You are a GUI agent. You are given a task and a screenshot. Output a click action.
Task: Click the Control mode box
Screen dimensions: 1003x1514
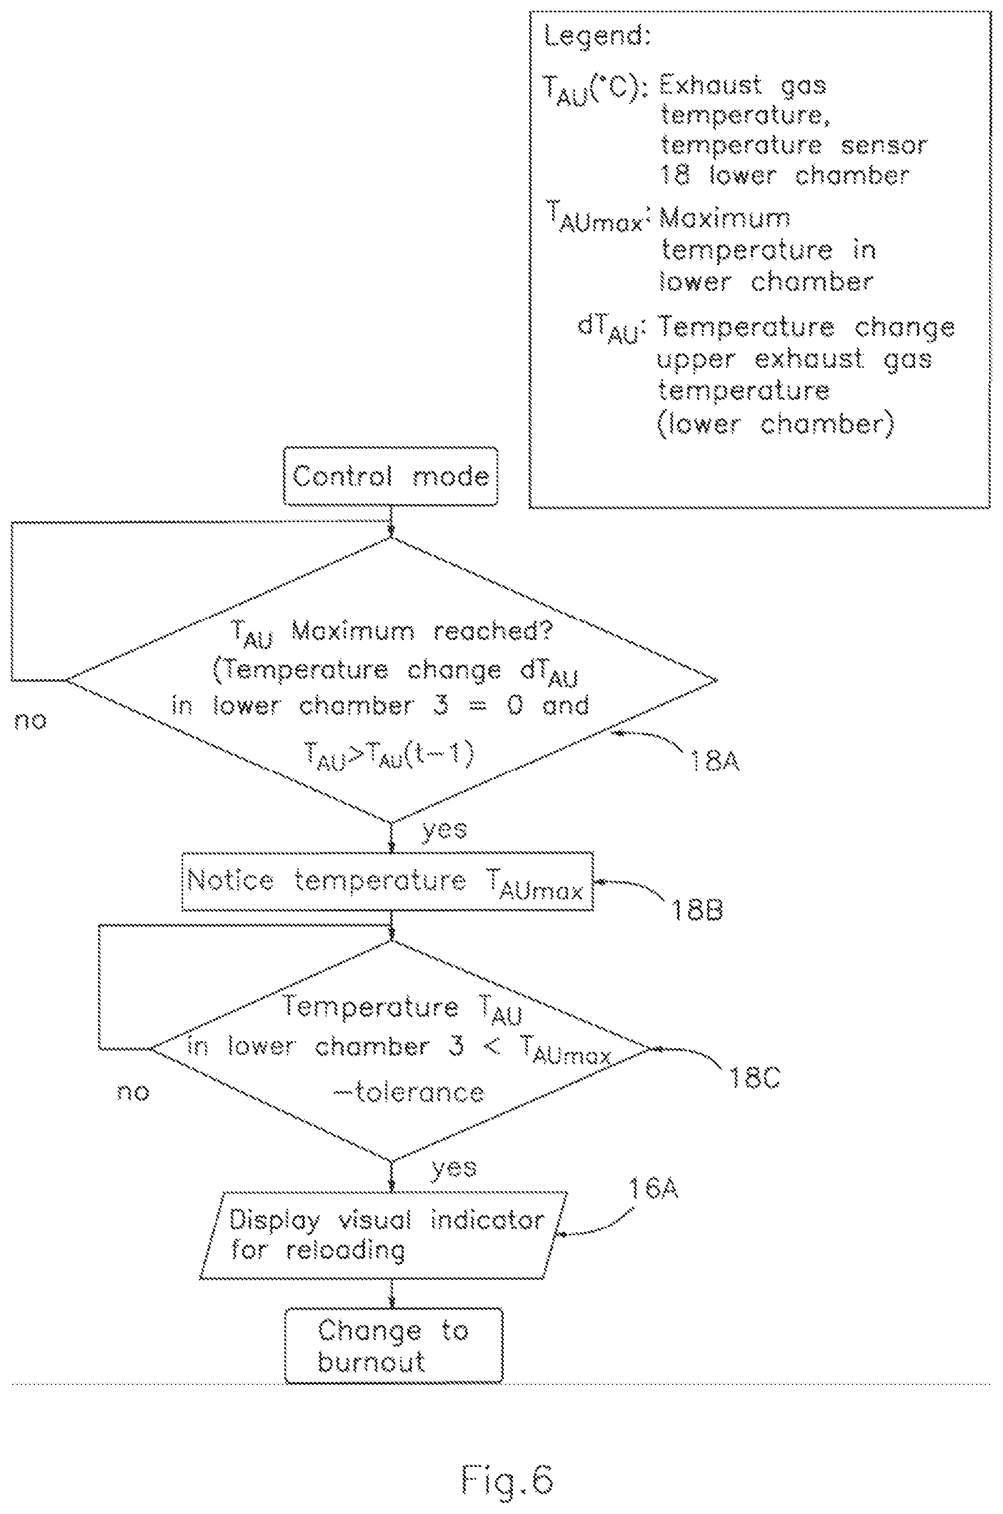(x=391, y=476)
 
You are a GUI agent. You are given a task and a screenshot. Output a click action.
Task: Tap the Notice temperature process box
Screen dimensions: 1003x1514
(x=388, y=881)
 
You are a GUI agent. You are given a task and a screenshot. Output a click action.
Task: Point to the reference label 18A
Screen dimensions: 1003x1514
(x=714, y=761)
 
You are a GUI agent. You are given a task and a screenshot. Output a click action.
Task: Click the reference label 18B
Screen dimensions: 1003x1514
(x=697, y=909)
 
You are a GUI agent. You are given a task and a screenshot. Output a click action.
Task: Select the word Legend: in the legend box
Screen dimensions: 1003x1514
(x=597, y=37)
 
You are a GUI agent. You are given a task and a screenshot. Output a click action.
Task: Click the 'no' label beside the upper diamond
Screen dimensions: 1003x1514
(x=30, y=721)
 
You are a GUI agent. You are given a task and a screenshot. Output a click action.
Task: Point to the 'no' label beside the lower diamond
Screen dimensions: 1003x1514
(x=133, y=1092)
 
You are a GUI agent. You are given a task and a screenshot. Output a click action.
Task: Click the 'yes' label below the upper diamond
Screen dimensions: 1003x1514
(x=445, y=830)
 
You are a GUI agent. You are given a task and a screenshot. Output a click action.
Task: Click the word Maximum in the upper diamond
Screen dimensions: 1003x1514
(x=353, y=631)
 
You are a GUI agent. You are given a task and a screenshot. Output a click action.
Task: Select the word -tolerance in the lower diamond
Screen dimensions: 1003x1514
(x=409, y=1092)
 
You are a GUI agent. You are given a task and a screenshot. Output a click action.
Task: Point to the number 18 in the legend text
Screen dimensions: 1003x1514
(x=675, y=175)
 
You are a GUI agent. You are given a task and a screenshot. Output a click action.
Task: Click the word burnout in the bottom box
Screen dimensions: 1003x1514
(x=371, y=1362)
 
